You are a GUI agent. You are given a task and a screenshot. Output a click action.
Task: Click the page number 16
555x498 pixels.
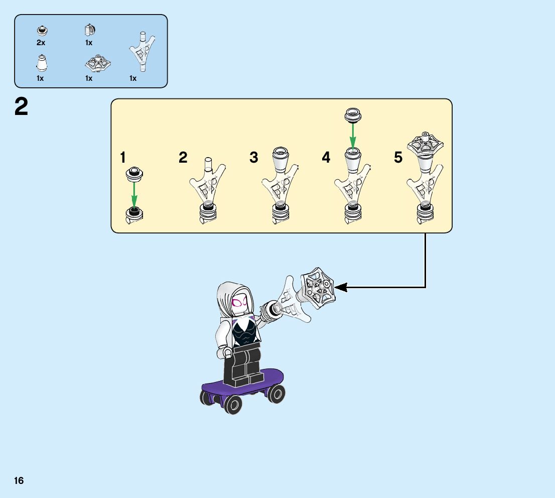click(x=19, y=481)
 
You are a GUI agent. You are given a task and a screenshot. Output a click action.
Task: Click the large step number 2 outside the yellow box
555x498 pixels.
click(x=21, y=107)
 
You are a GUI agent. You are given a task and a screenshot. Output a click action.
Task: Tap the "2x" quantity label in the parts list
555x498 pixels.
click(x=41, y=43)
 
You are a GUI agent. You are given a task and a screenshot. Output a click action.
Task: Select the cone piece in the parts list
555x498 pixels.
click(x=42, y=63)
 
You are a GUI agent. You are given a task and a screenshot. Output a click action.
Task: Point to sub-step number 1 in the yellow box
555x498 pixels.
click(x=122, y=158)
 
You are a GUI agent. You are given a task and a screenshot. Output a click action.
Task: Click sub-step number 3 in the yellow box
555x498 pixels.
click(x=254, y=158)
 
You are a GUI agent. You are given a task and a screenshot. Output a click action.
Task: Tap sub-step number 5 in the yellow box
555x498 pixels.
click(x=398, y=158)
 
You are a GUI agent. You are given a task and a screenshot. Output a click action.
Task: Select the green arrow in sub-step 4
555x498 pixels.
click(x=353, y=136)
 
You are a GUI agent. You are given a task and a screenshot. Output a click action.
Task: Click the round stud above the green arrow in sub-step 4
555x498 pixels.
click(x=353, y=115)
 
